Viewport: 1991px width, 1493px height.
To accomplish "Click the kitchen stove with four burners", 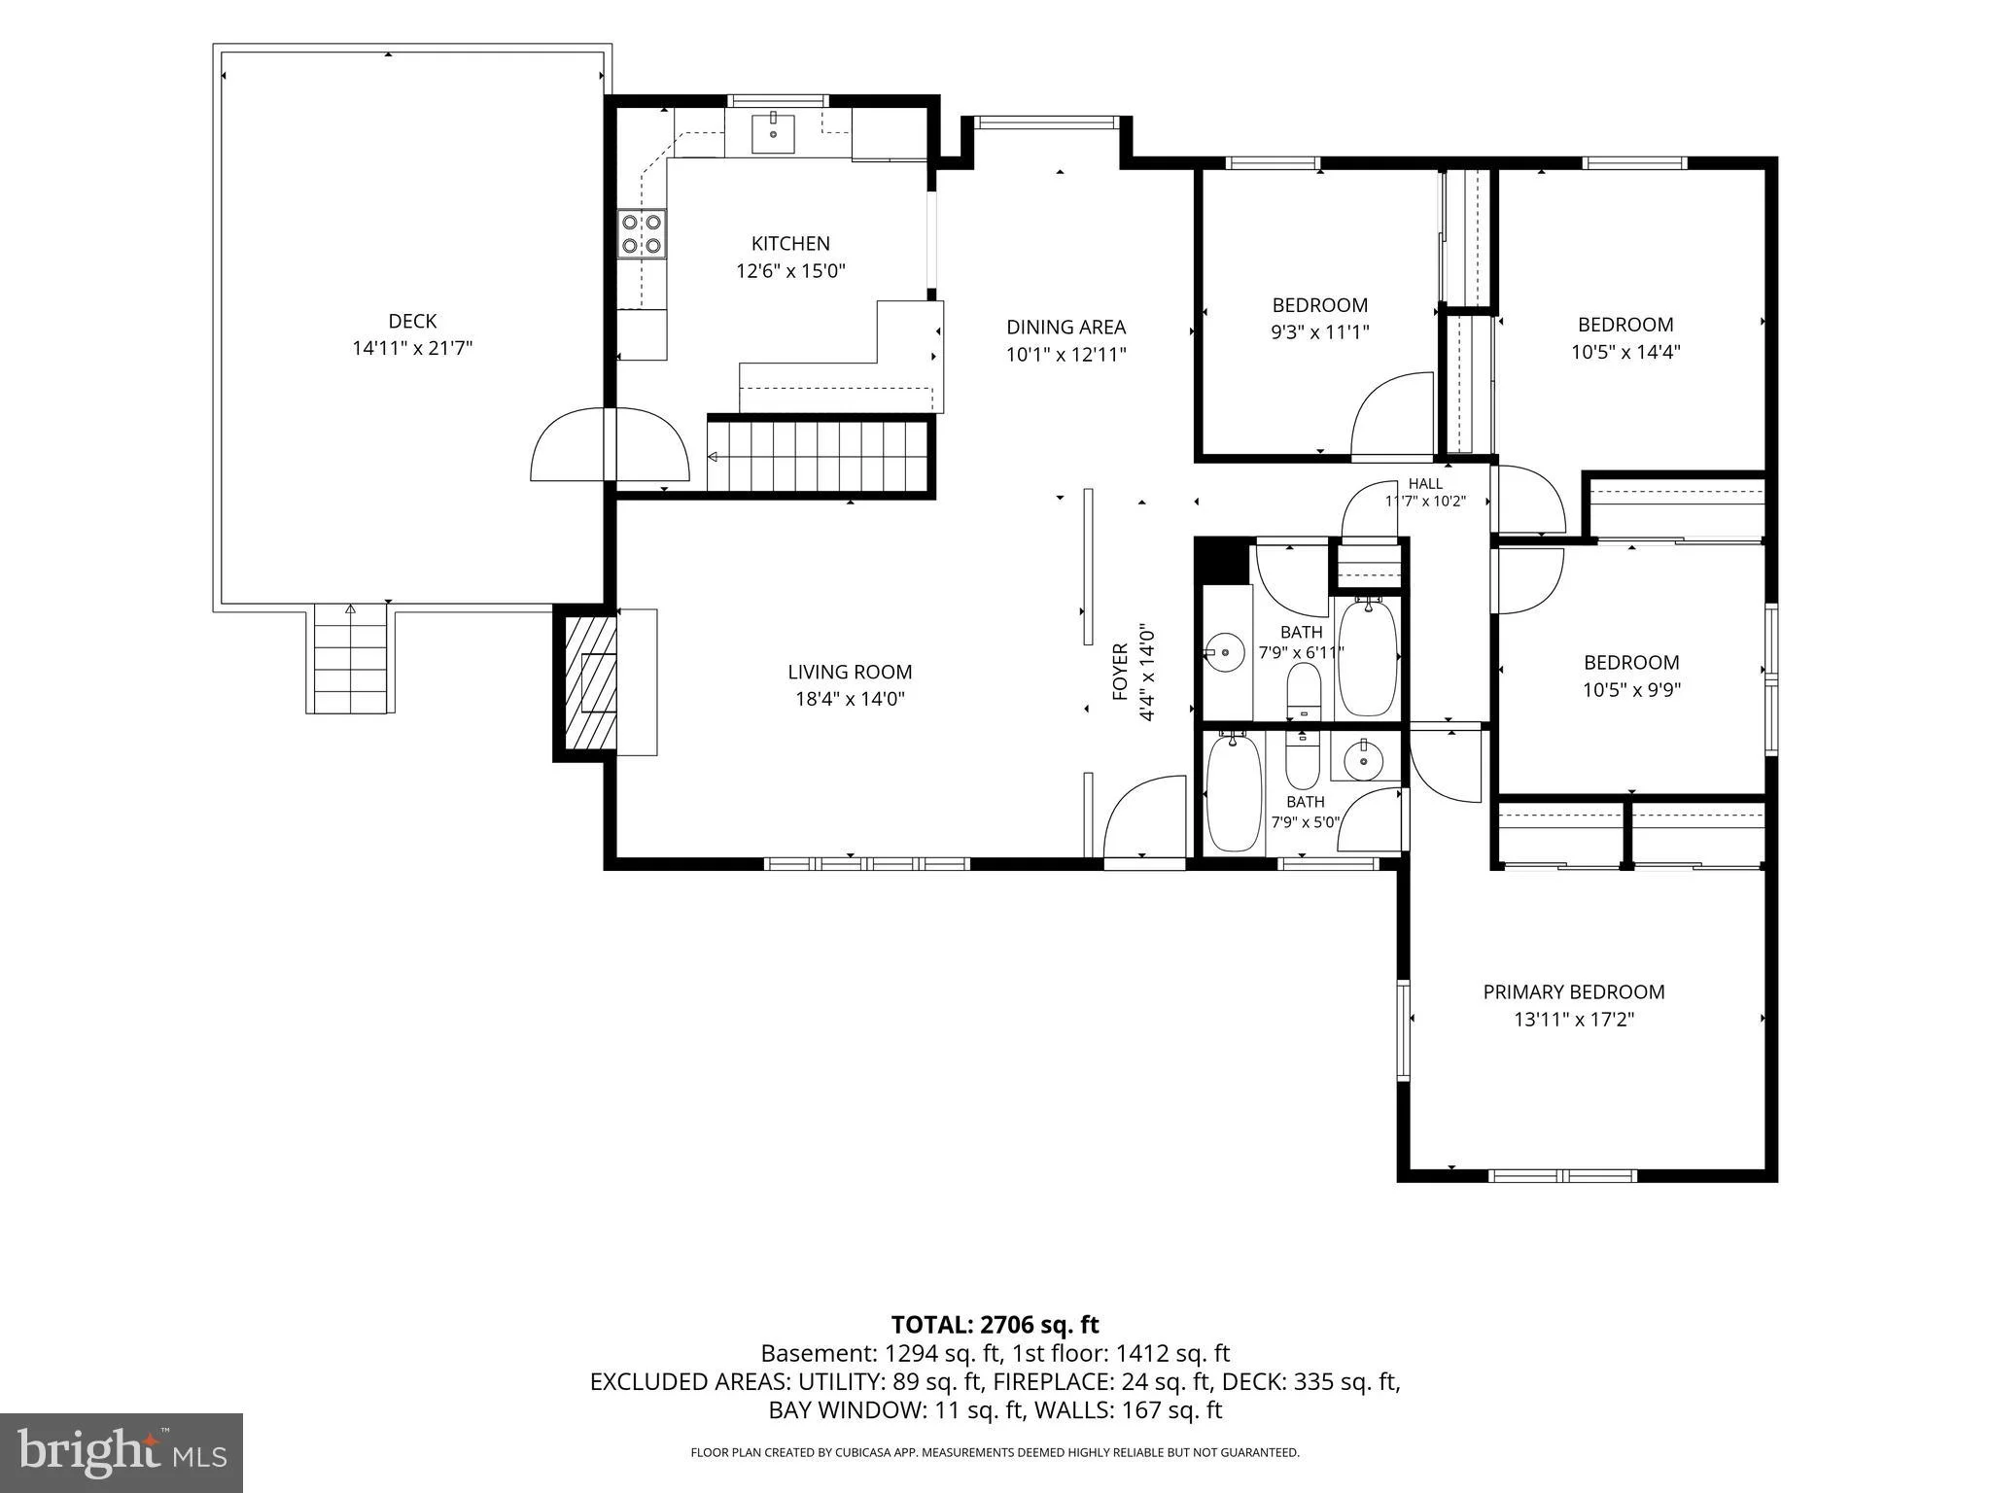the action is click(x=643, y=234).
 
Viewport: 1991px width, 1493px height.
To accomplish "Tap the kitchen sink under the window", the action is click(x=773, y=134).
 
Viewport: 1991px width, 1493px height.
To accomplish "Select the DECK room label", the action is click(x=412, y=321).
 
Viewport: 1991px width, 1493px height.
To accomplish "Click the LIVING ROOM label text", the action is click(x=850, y=672).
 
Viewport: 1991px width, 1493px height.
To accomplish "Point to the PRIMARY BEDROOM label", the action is click(x=1574, y=991).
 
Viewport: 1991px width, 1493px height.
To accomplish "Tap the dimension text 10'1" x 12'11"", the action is click(x=1065, y=355).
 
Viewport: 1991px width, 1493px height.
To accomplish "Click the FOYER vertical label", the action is click(x=1120, y=672).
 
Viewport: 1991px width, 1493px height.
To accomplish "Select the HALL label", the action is click(x=1425, y=483).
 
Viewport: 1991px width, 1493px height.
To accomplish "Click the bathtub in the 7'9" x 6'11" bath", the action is click(x=1368, y=657).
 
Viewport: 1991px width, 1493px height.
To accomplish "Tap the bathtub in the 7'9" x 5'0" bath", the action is click(x=1234, y=793).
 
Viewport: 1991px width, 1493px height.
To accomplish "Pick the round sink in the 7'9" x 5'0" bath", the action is click(x=1364, y=760).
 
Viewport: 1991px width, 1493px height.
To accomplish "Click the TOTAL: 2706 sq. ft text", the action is click(x=995, y=1324).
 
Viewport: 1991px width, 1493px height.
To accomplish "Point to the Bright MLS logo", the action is click(x=122, y=1452).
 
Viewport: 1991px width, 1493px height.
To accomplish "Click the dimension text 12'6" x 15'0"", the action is click(x=790, y=271).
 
